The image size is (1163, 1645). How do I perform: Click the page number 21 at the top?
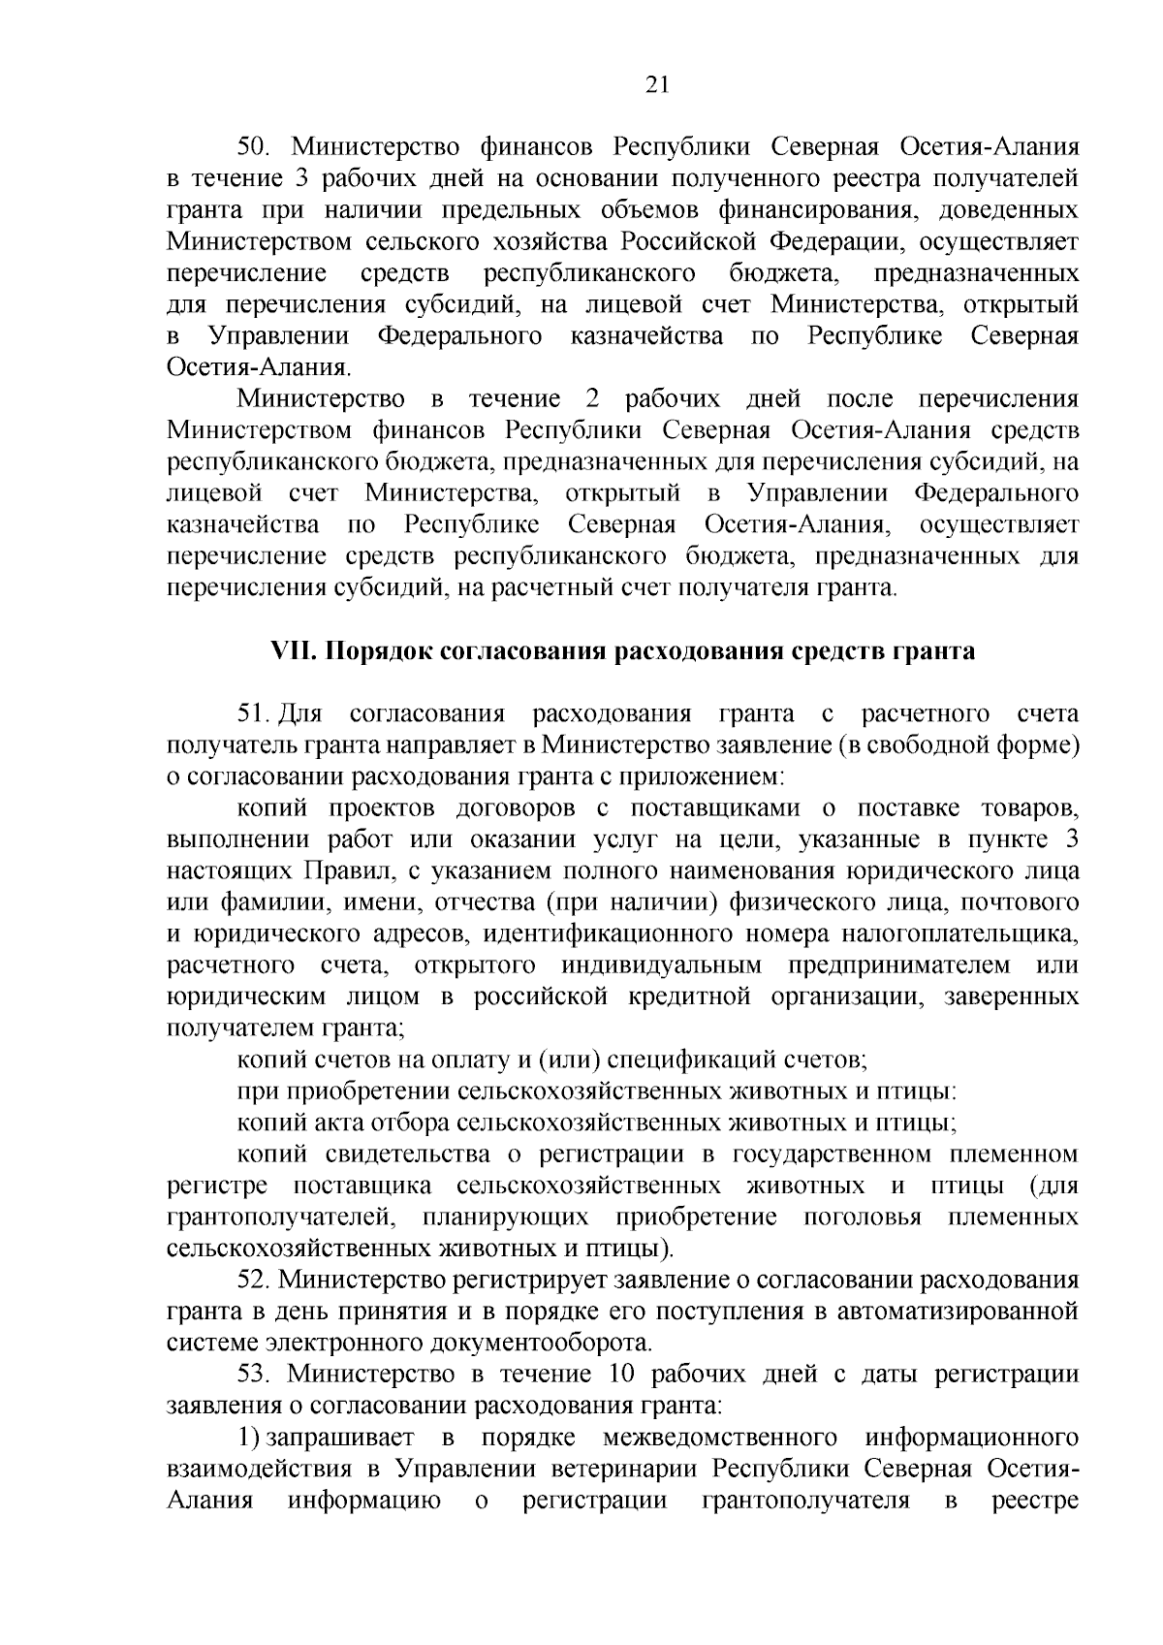(656, 84)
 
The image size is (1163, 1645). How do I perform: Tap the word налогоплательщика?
(959, 934)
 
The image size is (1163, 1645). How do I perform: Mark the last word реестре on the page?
(1035, 1501)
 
